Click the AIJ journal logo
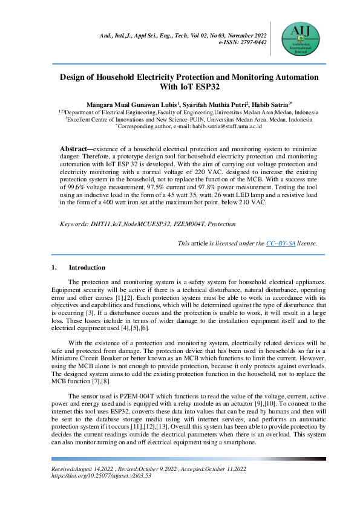[301, 36]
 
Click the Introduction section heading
[87, 267]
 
